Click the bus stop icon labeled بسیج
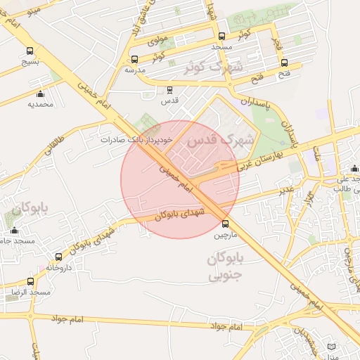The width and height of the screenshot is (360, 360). pyautogui.click(x=30, y=51)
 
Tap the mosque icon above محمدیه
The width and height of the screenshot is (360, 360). pyautogui.click(x=40, y=94)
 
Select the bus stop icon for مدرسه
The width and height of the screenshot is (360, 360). pyautogui.click(x=134, y=59)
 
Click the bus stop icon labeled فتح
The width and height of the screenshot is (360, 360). pyautogui.click(x=284, y=63)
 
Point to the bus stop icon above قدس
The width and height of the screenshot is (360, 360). pyautogui.click(x=169, y=90)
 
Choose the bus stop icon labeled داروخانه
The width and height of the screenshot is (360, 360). pyautogui.click(x=58, y=257)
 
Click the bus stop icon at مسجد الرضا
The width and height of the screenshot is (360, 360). pyautogui.click(x=30, y=281)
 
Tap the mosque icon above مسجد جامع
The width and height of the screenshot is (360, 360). pyautogui.click(x=14, y=231)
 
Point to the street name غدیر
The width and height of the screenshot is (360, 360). pyautogui.click(x=285, y=190)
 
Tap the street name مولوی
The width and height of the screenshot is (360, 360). pyautogui.click(x=157, y=41)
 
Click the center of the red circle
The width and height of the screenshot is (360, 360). pyautogui.click(x=180, y=179)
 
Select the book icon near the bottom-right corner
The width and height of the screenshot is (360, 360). pyautogui.click(x=332, y=349)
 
